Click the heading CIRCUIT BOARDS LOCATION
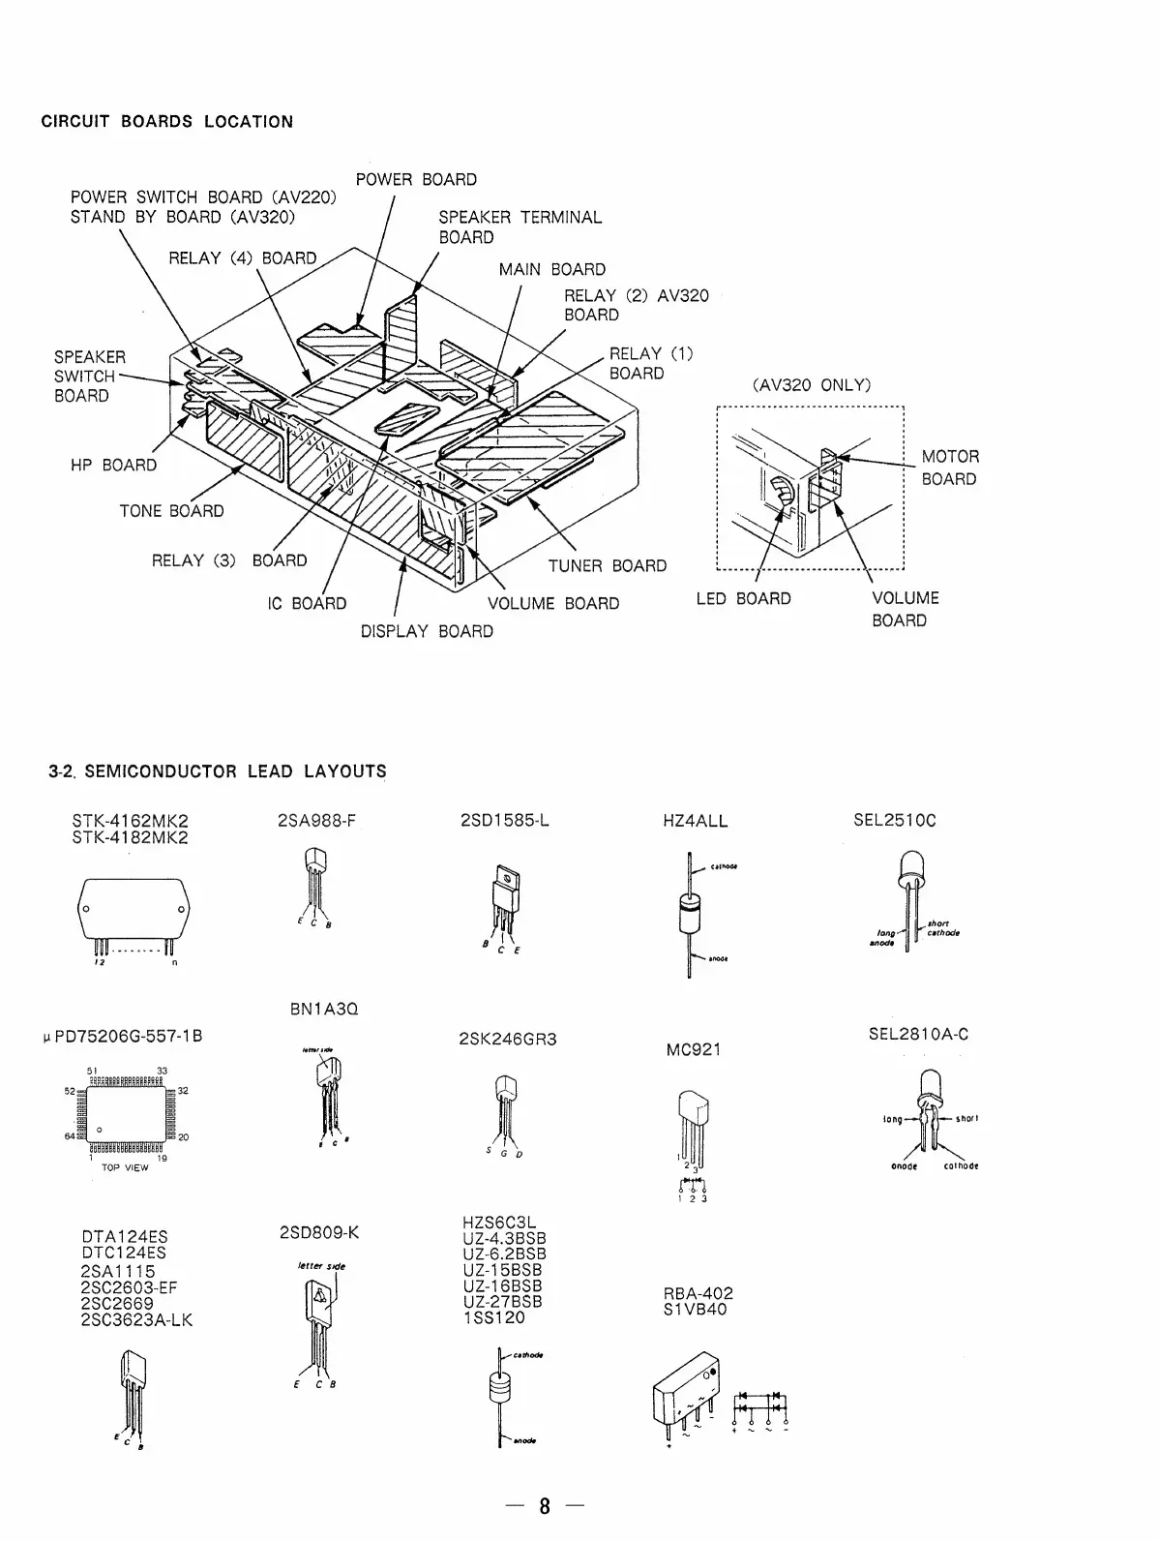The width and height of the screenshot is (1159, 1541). tap(166, 122)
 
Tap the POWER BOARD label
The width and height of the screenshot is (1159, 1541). tap(416, 180)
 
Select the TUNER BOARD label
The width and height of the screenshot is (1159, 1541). tap(608, 566)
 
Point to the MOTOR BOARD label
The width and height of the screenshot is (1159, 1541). tap(949, 468)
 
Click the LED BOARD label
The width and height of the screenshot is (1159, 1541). tap(743, 599)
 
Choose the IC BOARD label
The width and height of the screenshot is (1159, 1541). tap(307, 604)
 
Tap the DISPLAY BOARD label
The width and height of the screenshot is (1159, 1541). tap(427, 632)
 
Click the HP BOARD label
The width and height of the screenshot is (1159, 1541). tap(113, 466)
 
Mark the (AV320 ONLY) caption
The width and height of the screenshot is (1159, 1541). tap(811, 385)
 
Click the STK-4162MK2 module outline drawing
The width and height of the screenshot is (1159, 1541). tap(127, 912)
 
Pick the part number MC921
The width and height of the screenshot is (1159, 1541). tap(694, 1049)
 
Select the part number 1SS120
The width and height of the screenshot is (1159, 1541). tap(494, 1317)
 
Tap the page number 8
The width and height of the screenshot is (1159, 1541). tap(545, 1506)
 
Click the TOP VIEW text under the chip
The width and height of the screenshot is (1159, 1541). tap(126, 1168)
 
